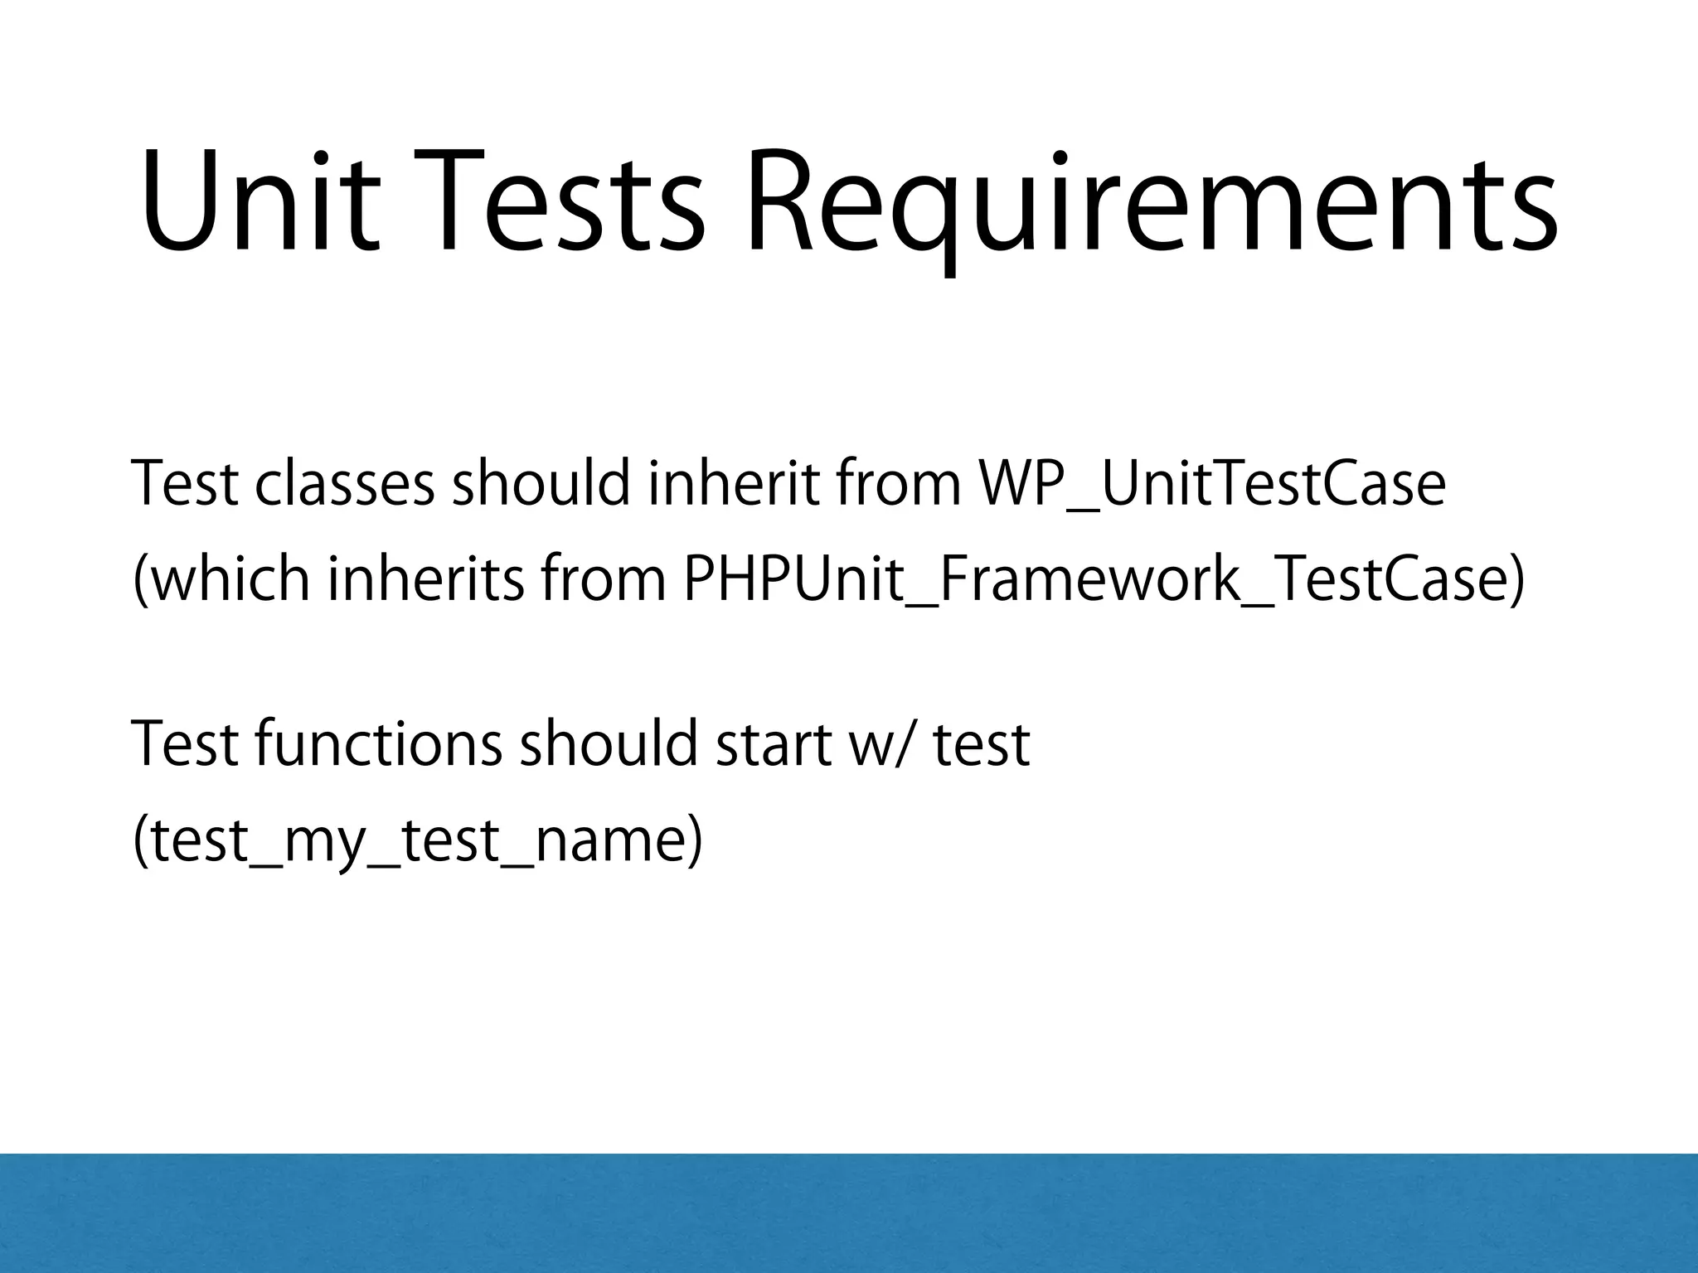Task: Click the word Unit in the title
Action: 260,201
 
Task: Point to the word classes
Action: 344,484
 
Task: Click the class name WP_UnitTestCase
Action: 1211,484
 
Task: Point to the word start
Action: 774,743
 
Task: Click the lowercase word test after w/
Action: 982,743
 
